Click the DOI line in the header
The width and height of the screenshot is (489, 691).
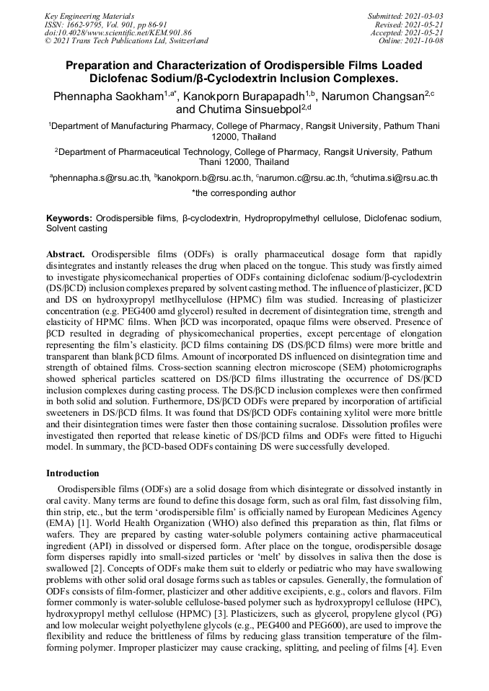[118, 32]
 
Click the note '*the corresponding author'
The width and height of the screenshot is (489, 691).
[244, 193]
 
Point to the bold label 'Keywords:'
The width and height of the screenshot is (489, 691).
[69, 218]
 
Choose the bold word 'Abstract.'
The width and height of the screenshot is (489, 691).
[66, 255]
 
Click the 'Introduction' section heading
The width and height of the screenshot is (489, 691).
[73, 473]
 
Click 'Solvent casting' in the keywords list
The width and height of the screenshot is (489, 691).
[76, 228]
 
